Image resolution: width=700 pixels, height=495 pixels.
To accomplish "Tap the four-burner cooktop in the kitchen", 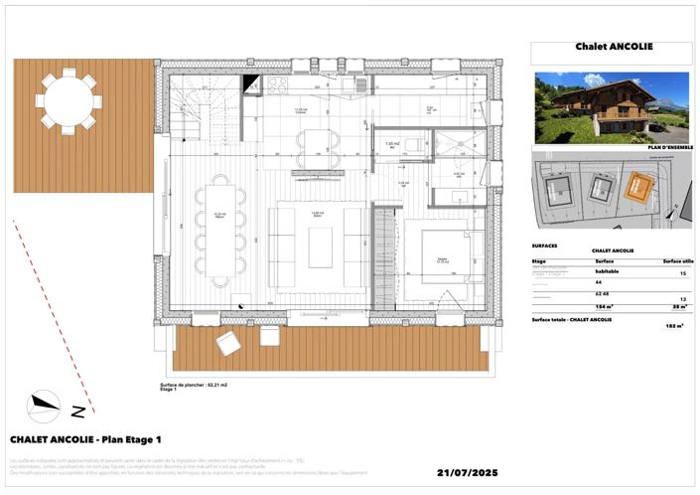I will coord(277,85).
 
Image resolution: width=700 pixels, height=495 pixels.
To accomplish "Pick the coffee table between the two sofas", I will coord(320,247).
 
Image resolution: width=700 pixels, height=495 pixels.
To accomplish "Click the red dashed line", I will coord(55,318).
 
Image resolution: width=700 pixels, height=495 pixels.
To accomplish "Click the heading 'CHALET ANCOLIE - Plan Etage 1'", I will coord(85,438).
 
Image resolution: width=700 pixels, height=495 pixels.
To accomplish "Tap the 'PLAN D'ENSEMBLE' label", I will coord(665,146).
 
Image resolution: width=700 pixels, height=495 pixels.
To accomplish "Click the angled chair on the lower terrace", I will coord(228,343).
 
